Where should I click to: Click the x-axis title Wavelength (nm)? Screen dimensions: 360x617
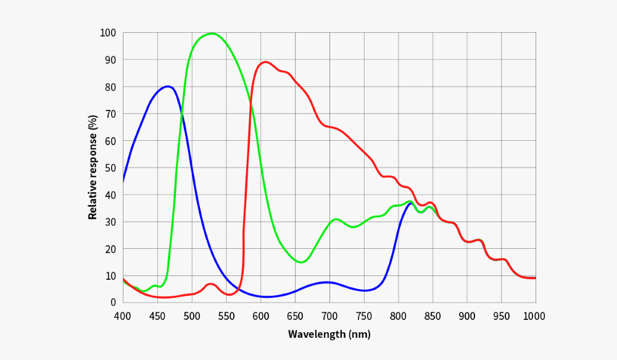click(329, 335)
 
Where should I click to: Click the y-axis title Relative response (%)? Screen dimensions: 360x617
click(93, 167)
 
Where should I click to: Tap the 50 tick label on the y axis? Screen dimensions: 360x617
click(110, 168)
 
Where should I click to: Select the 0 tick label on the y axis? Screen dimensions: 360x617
click(112, 303)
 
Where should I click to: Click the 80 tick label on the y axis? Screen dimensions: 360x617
click(110, 87)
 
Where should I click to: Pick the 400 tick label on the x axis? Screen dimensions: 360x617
click(123, 316)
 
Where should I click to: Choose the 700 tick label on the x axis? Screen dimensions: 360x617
click(329, 316)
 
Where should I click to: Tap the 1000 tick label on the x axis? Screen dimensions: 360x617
click(534, 316)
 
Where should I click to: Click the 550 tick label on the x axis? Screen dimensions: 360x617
click(226, 316)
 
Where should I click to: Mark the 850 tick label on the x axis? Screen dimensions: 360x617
click(433, 316)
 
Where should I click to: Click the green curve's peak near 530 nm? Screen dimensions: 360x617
click(212, 33)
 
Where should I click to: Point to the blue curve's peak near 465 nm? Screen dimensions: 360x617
click(167, 86)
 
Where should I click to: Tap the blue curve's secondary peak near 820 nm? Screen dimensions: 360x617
click(410, 203)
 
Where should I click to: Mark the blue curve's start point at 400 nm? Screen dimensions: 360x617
click(123, 181)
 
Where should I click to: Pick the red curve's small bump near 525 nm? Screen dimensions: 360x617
click(210, 284)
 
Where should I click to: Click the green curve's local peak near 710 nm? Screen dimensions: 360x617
click(336, 219)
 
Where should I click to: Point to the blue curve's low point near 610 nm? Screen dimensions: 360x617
click(267, 297)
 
